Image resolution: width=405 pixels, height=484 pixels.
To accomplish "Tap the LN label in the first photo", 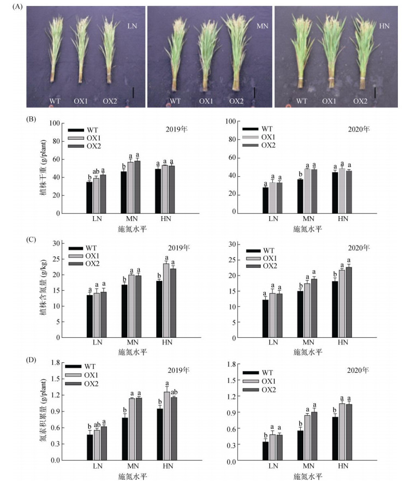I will tap(133, 26).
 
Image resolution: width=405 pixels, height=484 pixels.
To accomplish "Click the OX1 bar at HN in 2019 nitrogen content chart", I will tap(165, 300).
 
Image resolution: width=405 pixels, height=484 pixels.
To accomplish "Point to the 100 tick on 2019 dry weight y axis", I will tap(55, 123).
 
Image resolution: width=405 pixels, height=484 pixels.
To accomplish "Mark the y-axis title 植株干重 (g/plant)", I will tap(43, 168).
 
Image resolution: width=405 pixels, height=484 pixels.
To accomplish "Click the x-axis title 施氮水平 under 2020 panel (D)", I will tap(309, 475).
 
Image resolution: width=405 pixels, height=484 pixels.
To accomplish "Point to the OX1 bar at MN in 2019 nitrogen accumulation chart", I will tap(130, 429).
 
